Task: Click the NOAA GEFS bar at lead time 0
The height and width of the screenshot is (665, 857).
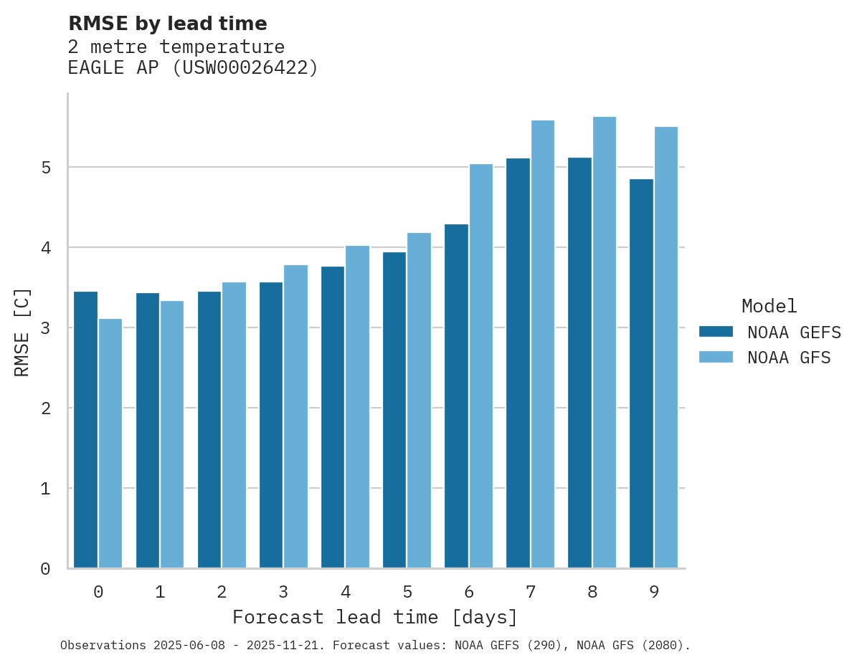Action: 85,430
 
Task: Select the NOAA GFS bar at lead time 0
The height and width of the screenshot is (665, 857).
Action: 110,444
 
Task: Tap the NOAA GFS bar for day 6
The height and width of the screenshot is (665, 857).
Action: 481,366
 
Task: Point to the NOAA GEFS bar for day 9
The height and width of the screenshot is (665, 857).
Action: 641,373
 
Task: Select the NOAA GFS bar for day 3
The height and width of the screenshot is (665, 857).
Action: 295,416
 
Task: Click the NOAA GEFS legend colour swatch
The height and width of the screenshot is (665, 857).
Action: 716,332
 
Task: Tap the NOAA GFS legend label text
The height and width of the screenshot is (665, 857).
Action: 789,358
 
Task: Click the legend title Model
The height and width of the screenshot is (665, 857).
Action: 769,307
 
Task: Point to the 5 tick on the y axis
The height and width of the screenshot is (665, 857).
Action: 45,168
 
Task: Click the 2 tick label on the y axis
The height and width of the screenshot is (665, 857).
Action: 45,408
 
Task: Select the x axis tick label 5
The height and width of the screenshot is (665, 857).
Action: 407,593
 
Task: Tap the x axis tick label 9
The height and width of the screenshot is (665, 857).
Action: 654,593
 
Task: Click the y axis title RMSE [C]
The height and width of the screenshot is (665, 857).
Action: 23,332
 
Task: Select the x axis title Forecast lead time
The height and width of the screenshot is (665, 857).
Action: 374,618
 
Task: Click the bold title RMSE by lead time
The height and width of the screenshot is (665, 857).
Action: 167,24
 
